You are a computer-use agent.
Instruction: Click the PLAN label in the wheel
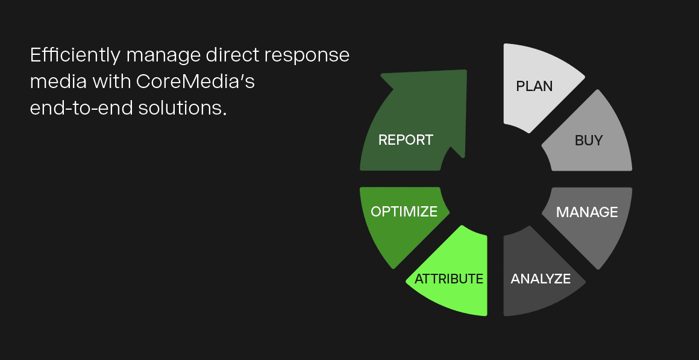[x=534, y=86]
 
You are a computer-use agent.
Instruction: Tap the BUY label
[x=589, y=141]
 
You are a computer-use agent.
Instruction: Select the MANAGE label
[x=587, y=212]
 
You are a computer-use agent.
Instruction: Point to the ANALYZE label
[x=541, y=279]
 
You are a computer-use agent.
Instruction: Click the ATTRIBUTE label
[x=449, y=279]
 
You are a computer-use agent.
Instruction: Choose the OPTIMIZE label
[x=404, y=212]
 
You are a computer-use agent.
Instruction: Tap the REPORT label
[x=406, y=140]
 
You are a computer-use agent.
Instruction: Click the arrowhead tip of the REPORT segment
[x=466, y=71]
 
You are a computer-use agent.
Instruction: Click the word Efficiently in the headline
[x=75, y=55]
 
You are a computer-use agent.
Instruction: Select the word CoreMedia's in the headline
[x=195, y=81]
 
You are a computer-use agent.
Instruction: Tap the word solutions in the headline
[x=180, y=108]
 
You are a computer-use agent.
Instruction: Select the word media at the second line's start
[x=57, y=81]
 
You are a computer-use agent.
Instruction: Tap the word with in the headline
[x=111, y=81]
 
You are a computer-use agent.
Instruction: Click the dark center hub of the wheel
[x=496, y=179]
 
